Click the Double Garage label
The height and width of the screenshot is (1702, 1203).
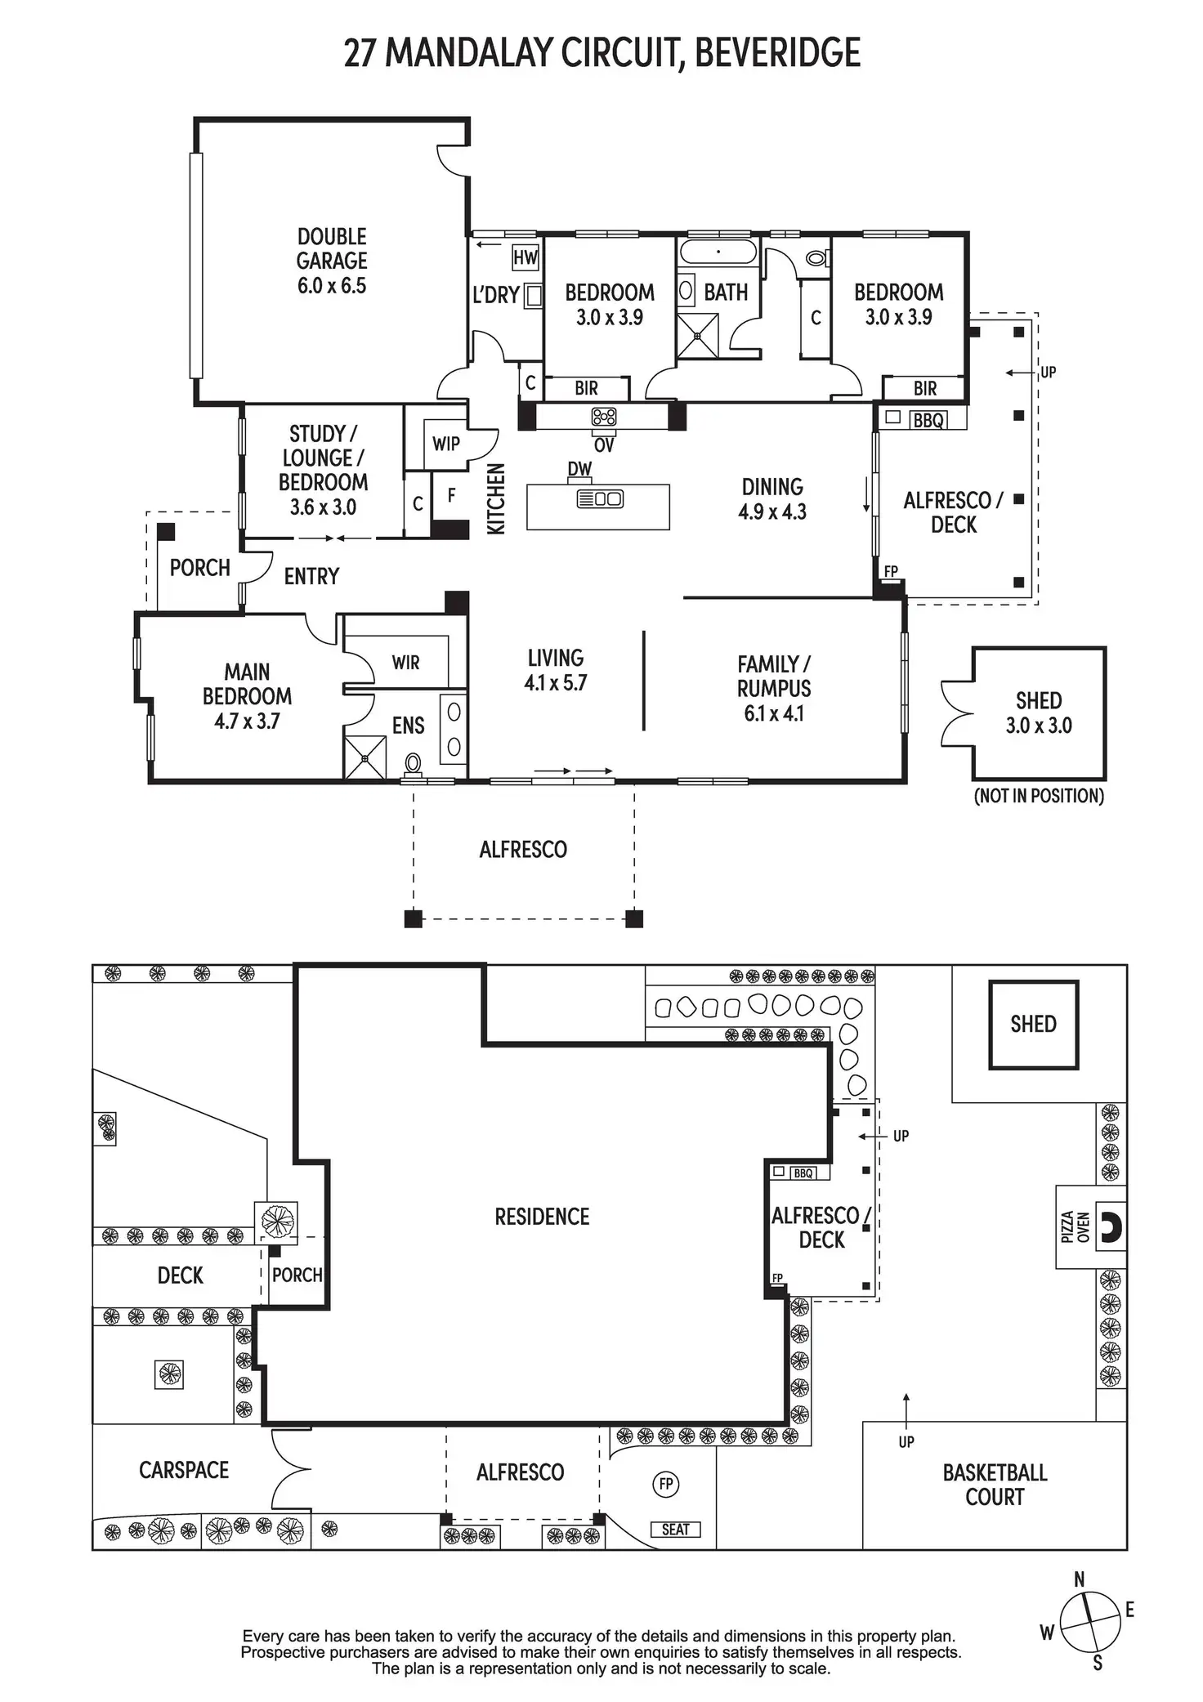pyautogui.click(x=331, y=261)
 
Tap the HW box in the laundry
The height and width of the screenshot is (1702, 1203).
pyautogui.click(x=525, y=258)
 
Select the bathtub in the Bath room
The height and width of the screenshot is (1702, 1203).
pyautogui.click(x=718, y=252)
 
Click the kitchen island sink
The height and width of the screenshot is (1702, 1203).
pyautogui.click(x=601, y=498)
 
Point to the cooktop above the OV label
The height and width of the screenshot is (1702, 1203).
pyautogui.click(x=604, y=418)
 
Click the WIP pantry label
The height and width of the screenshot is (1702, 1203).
pyautogui.click(x=446, y=444)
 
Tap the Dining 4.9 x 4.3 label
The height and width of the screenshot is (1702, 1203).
pyautogui.click(x=772, y=499)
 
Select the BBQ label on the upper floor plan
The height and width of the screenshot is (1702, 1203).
pyautogui.click(x=928, y=421)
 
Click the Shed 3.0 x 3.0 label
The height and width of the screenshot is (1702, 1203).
pyautogui.click(x=1039, y=713)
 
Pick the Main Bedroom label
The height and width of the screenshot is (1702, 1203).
pyautogui.click(x=247, y=696)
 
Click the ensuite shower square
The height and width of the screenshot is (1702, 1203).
pyautogui.click(x=364, y=758)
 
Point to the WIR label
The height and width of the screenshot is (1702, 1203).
pyautogui.click(x=406, y=662)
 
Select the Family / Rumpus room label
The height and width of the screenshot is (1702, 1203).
pyautogui.click(x=773, y=688)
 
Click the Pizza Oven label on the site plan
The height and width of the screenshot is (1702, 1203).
pyautogui.click(x=1075, y=1227)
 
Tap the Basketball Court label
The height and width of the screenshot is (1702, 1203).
pyautogui.click(x=995, y=1485)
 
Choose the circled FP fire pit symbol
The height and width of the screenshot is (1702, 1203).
pyautogui.click(x=666, y=1483)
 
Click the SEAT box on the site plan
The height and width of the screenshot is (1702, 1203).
pyautogui.click(x=675, y=1530)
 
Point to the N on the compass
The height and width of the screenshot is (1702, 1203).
pyautogui.click(x=1079, y=1579)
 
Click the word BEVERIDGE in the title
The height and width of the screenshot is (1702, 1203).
pyautogui.click(x=777, y=53)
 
